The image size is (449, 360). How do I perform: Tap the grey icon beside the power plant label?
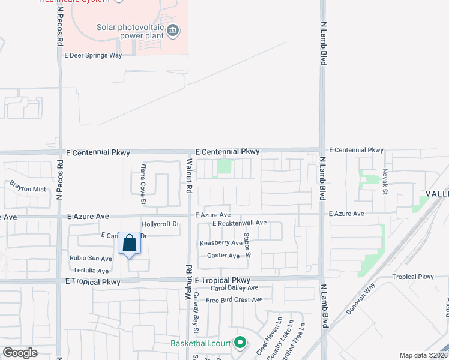tap(173, 30)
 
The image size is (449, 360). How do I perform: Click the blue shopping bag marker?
tap(130, 244)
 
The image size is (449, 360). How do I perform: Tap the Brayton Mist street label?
tap(28, 188)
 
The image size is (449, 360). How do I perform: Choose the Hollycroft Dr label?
tap(160, 224)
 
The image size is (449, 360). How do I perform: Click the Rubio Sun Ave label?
tap(91, 259)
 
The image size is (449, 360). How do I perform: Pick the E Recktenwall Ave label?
tap(240, 223)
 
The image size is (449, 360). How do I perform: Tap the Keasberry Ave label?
tap(221, 243)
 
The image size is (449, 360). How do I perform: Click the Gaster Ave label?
tap(223, 256)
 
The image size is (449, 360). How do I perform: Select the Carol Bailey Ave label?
tap(232, 288)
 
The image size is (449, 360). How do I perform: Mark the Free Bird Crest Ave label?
tap(234, 300)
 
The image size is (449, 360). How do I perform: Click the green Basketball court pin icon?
tap(240, 343)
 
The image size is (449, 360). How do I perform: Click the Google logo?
tap(20, 353)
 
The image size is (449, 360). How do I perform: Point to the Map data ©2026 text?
tap(423, 355)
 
